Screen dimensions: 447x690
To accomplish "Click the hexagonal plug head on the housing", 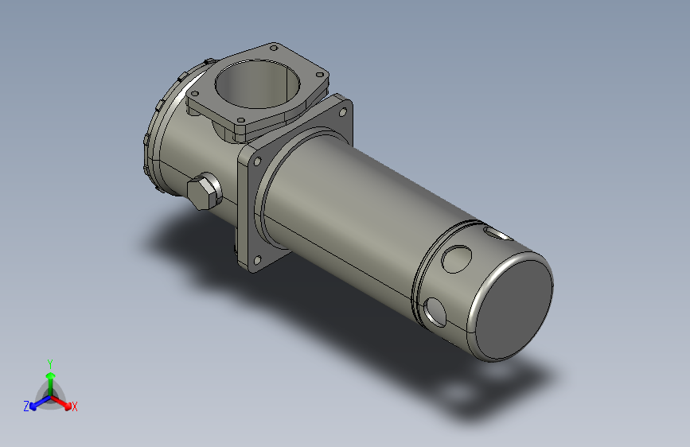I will coord(203,192).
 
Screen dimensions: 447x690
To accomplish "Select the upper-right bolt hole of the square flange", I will coord(342,113).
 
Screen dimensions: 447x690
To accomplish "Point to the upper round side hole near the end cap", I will coord(458,258).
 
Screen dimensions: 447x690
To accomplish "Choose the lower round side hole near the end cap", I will coord(435,311).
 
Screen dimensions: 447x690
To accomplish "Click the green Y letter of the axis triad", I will coord(49,362).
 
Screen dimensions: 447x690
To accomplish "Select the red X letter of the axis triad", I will coord(75,406).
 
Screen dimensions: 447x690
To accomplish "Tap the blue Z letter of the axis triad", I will coord(26,406).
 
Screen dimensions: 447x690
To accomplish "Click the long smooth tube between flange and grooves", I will coord(350,223).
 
